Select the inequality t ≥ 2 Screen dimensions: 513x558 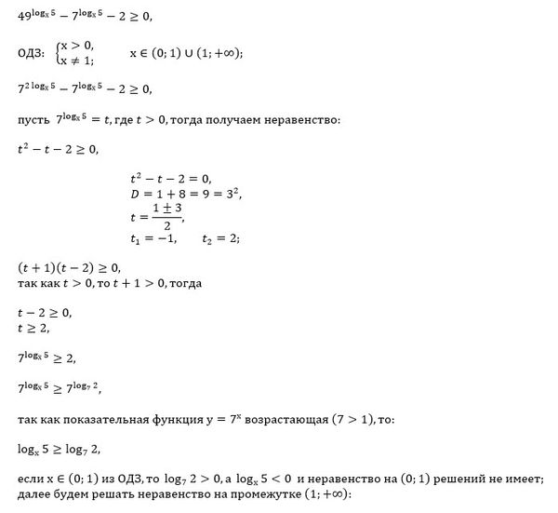34,327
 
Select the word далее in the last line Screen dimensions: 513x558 33,494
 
